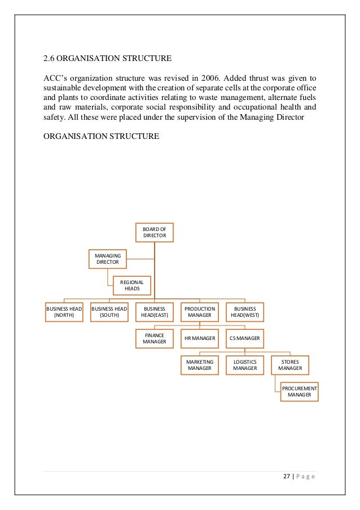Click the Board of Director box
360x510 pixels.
(154, 233)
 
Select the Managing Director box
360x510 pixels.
(108, 259)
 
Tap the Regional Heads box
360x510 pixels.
(132, 285)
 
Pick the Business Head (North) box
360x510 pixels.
(64, 312)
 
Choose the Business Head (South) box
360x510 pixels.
(109, 312)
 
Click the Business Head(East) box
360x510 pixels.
(154, 312)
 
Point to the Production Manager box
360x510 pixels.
(199, 312)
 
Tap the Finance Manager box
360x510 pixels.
(154, 338)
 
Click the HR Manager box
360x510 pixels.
(199, 338)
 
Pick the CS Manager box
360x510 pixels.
(244, 338)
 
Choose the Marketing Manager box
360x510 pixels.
(199, 364)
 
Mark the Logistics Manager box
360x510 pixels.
(244, 364)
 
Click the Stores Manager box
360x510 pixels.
(290, 364)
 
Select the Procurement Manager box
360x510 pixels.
(299, 391)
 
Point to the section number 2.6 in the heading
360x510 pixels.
(50, 58)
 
